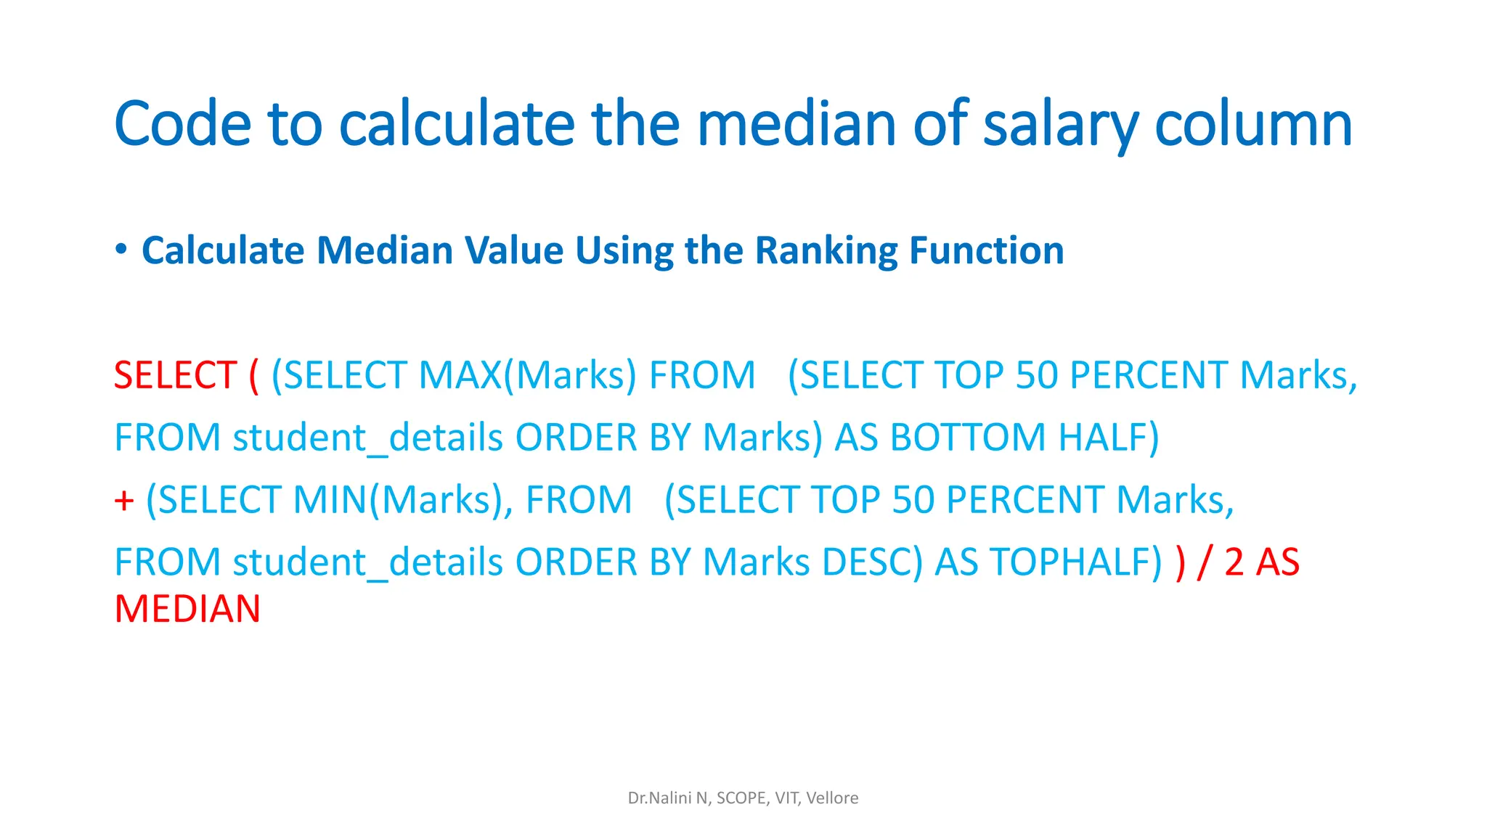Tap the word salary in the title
tap(1060, 125)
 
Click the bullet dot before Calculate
tap(121, 250)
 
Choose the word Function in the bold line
tap(986, 251)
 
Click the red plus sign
tap(124, 501)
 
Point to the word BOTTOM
tap(968, 438)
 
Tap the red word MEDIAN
tap(187, 610)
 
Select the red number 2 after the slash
tap(1234, 563)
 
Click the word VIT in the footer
tap(786, 798)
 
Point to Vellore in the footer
tap(832, 798)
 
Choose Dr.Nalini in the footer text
tap(659, 798)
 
